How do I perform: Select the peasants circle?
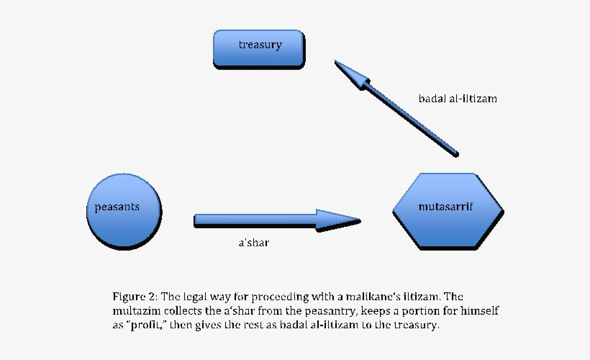click(x=123, y=208)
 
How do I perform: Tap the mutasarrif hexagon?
click(x=446, y=208)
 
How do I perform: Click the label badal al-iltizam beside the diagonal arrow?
click(x=458, y=99)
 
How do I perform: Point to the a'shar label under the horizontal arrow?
click(x=253, y=243)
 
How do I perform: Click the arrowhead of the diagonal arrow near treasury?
click(x=348, y=73)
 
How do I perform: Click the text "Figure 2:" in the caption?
click(x=135, y=297)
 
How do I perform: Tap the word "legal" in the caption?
click(x=199, y=297)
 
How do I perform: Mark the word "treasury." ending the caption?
click(x=415, y=325)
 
